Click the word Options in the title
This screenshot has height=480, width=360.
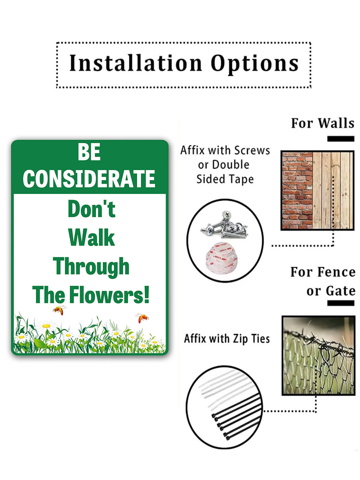tap(255, 64)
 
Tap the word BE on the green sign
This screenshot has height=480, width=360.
tap(89, 152)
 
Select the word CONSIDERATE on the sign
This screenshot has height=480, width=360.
tap(89, 179)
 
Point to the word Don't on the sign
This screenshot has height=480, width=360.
tap(92, 208)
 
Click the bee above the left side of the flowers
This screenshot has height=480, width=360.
tap(59, 310)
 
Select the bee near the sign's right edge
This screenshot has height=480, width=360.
tap(142, 318)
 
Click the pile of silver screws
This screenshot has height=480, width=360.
tap(224, 225)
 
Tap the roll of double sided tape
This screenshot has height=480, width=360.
tap(221, 257)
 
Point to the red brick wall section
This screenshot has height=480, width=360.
tap(297, 190)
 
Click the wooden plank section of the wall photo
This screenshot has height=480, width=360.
tap(333, 190)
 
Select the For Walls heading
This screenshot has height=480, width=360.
tap(323, 123)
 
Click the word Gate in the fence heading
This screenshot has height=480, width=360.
tap(340, 291)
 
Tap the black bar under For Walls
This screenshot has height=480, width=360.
tap(340, 139)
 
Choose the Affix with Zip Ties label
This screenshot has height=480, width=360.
tap(227, 339)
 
